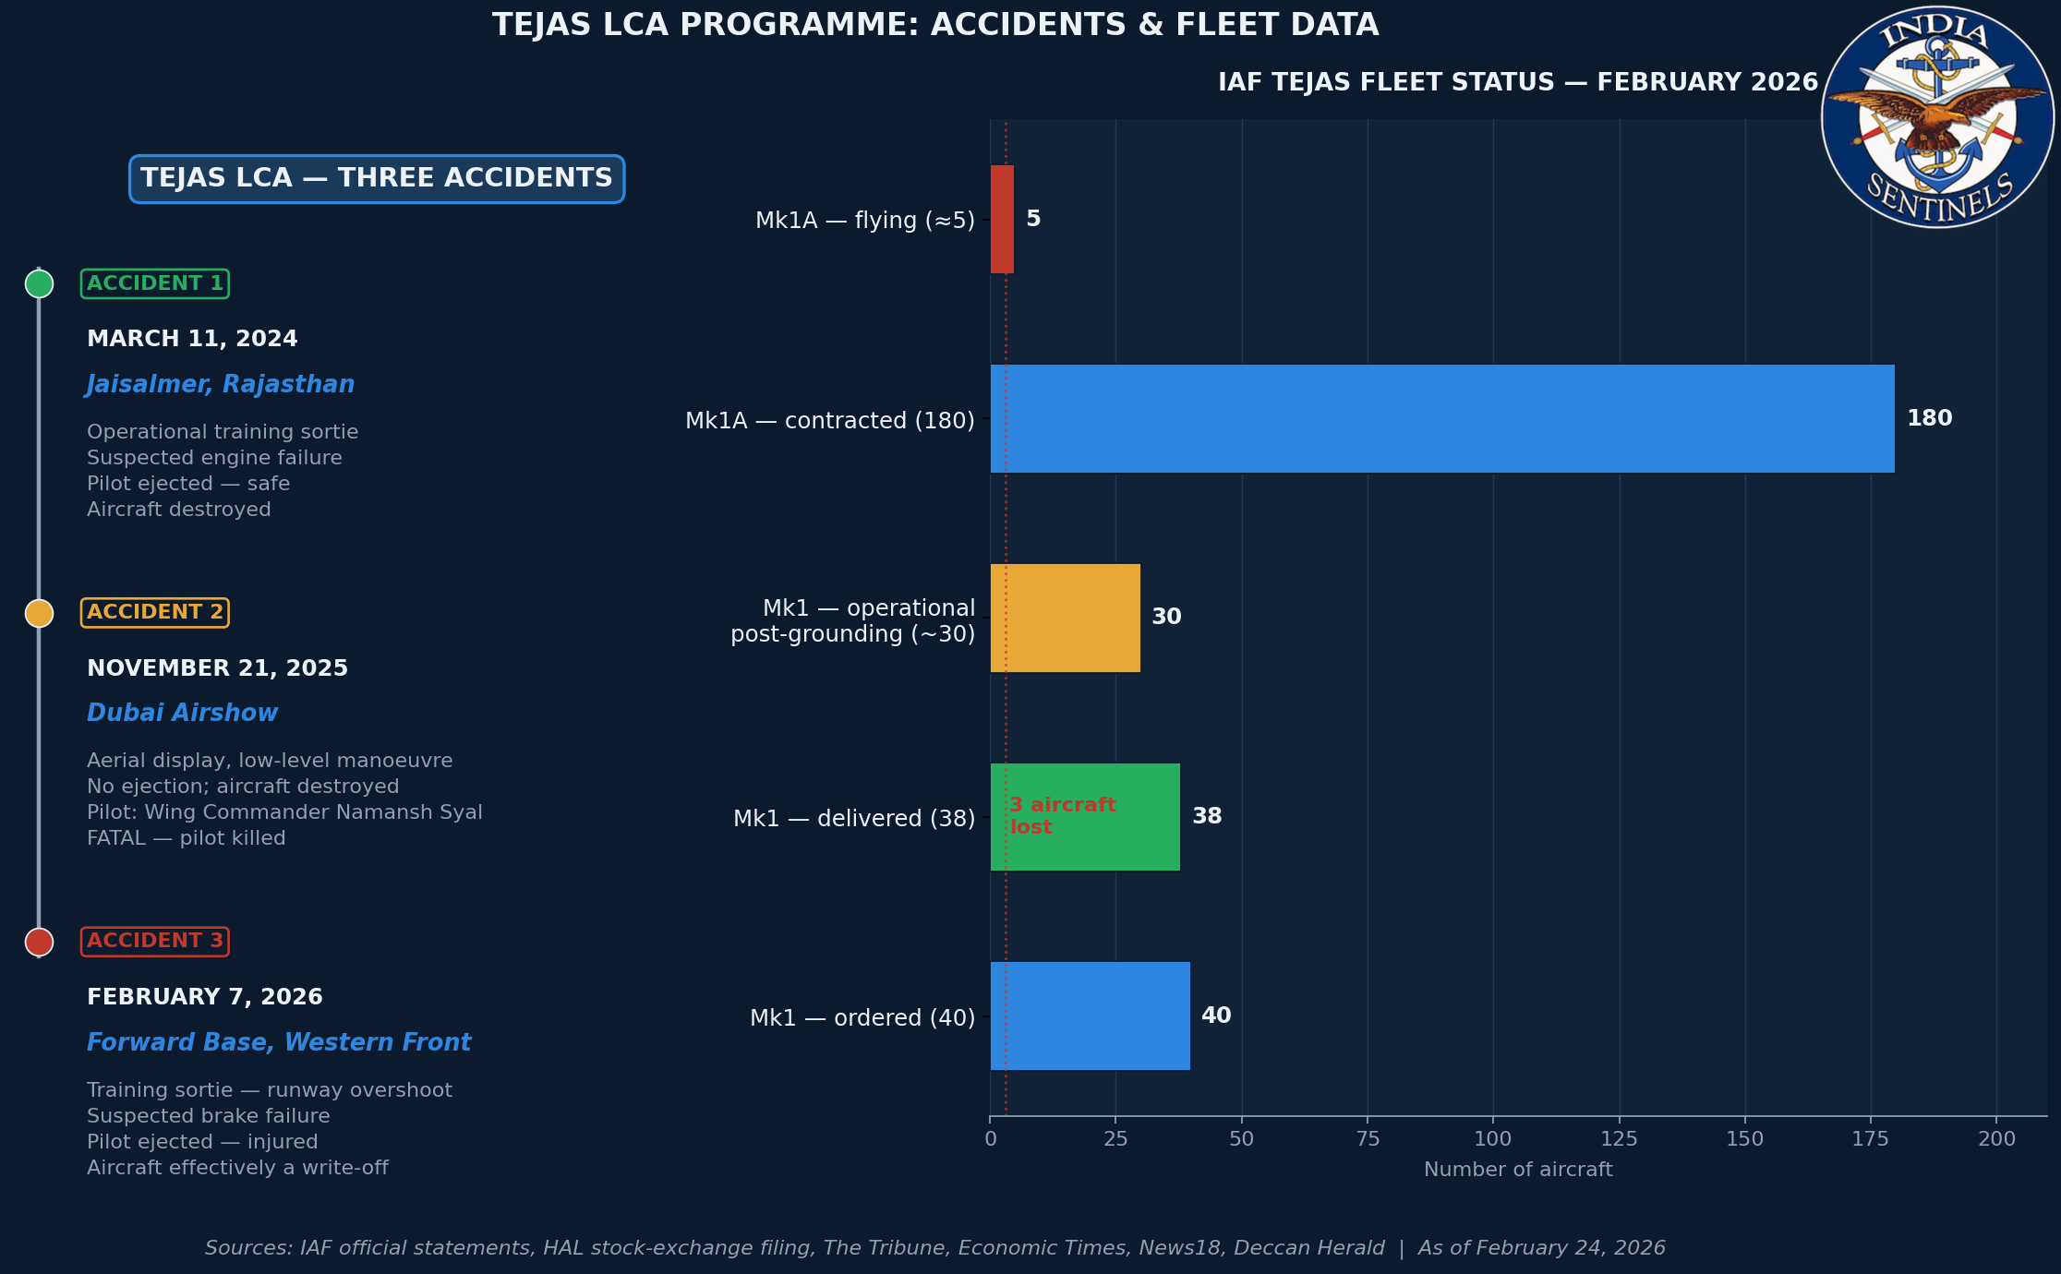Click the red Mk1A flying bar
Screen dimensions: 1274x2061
coord(1002,219)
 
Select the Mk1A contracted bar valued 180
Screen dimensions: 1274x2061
coord(1441,418)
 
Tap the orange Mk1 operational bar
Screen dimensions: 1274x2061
coord(1065,618)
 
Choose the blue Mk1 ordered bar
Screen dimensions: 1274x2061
coord(1090,1016)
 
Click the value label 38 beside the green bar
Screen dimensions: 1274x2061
coord(1207,816)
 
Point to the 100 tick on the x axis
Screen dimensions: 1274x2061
coord(1493,1138)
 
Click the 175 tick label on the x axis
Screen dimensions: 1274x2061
coord(1871,1138)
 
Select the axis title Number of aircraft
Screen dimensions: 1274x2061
coord(1518,1170)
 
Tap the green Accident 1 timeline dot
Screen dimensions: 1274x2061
coord(39,283)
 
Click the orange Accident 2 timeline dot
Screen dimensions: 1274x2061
coord(39,613)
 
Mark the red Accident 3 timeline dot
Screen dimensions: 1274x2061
coord(39,942)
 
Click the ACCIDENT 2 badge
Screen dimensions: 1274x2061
coord(155,612)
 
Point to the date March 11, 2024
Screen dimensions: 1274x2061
coord(192,339)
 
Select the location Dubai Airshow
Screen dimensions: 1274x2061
coord(182,713)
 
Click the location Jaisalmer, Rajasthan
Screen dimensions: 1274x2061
coord(221,384)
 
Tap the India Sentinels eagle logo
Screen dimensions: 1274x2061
coord(1937,117)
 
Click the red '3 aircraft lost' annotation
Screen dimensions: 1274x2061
coord(1062,816)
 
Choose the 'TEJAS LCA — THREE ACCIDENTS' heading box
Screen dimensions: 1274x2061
coord(377,178)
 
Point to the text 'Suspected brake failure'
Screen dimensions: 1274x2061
coord(209,1116)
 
